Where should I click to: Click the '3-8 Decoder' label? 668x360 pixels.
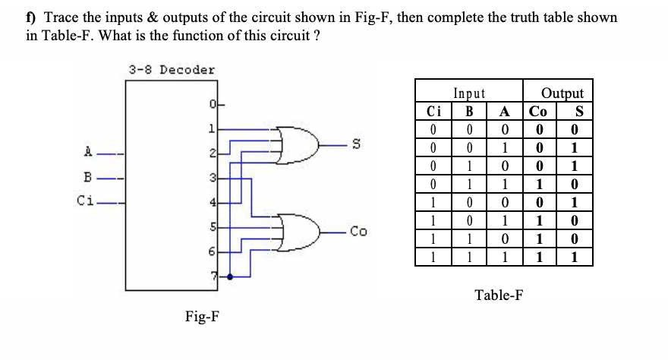click(172, 70)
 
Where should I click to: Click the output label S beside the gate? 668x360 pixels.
click(353, 142)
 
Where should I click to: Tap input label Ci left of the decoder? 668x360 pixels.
click(87, 201)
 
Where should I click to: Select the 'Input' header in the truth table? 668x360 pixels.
click(468, 93)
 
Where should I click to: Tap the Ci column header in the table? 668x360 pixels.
click(431, 109)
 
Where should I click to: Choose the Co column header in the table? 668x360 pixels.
click(538, 109)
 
